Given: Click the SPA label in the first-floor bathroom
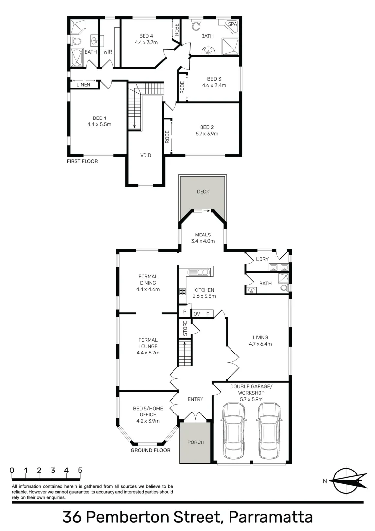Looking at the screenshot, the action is click(x=231, y=24).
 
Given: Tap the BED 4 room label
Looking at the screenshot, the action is click(x=146, y=36).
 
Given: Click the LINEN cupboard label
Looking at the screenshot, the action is click(x=83, y=85).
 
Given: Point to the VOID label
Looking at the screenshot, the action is click(x=146, y=155).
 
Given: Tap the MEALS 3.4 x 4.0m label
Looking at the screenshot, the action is click(x=203, y=237).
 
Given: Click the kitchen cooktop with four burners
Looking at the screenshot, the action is click(x=182, y=291).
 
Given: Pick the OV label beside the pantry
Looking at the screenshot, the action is click(x=197, y=313).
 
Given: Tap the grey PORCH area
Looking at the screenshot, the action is click(x=196, y=442).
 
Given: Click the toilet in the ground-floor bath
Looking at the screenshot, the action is click(x=284, y=289).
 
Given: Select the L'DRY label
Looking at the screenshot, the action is click(x=261, y=259).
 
